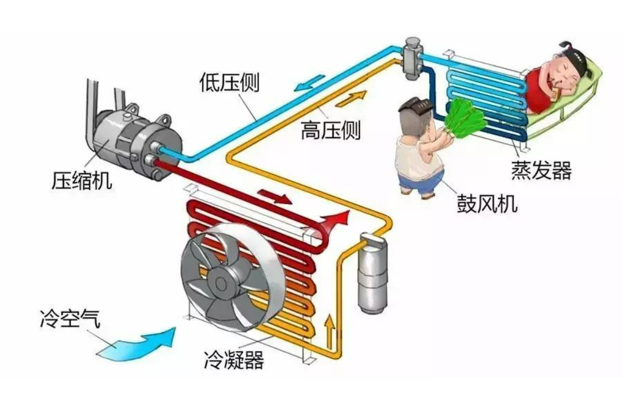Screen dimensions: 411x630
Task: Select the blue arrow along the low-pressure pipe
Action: coord(309,83)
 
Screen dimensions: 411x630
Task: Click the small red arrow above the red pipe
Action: coord(276,196)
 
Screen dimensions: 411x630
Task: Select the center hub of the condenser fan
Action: coord(222,283)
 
